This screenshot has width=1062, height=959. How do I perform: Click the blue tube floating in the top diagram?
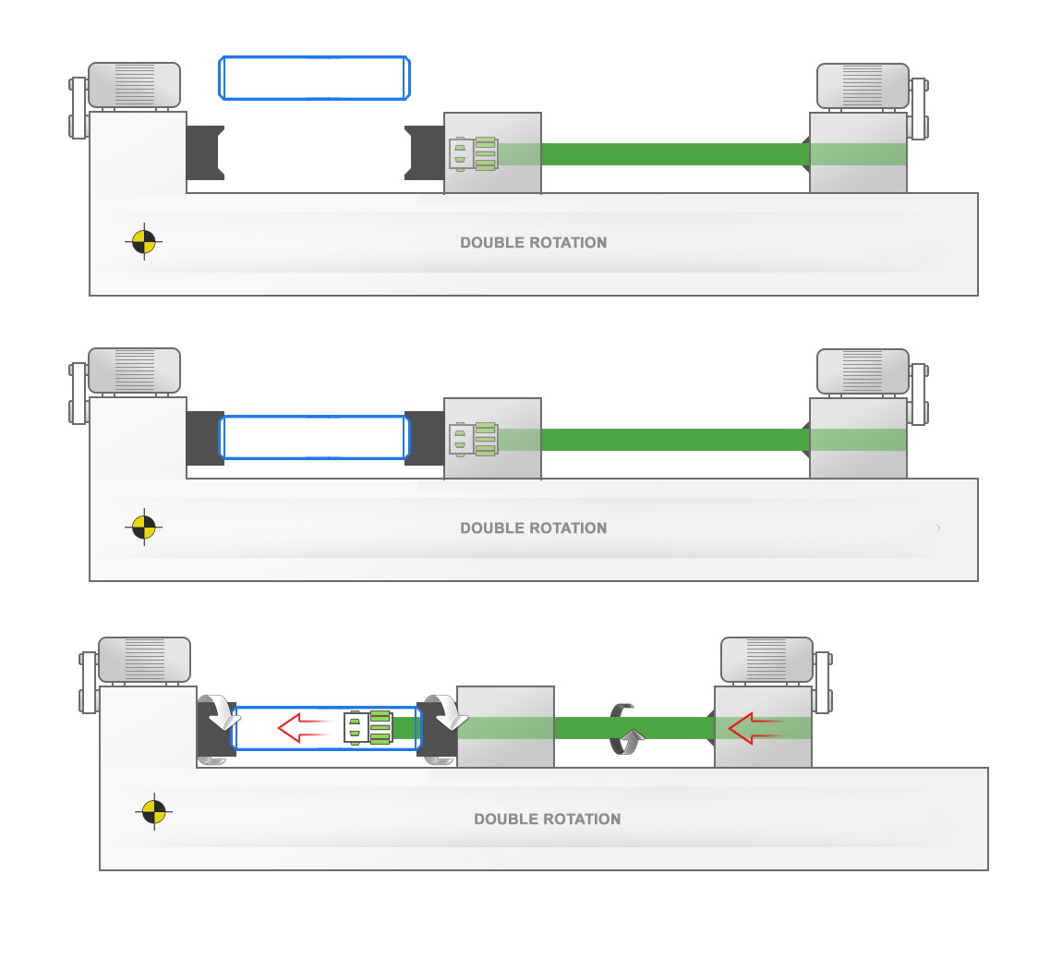point(314,78)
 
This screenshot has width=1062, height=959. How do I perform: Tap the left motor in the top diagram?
point(134,85)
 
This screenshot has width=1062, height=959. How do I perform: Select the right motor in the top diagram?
point(863,86)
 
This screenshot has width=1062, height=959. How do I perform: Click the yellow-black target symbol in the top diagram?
point(143,242)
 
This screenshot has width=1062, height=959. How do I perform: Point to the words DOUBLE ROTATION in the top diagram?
point(533,243)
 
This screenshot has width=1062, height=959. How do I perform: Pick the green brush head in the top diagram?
point(474,153)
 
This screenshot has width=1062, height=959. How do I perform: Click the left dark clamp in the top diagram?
point(205,152)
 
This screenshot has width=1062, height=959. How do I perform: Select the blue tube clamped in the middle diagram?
point(314,437)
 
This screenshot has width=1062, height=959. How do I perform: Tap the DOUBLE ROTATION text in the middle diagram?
point(533,528)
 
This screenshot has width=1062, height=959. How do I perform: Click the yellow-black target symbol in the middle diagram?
point(143,528)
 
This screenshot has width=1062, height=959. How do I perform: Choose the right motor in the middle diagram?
point(863,371)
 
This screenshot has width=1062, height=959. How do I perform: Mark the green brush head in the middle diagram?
point(474,439)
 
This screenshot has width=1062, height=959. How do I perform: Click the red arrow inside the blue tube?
point(304,728)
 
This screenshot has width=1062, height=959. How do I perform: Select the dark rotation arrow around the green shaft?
point(624,729)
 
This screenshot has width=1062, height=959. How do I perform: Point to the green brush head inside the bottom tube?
point(368,728)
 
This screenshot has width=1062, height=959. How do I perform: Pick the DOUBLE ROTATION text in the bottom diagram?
point(547,819)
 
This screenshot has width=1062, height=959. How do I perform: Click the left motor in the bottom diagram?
point(144,660)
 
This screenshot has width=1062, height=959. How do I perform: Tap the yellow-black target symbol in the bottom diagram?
point(153,812)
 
